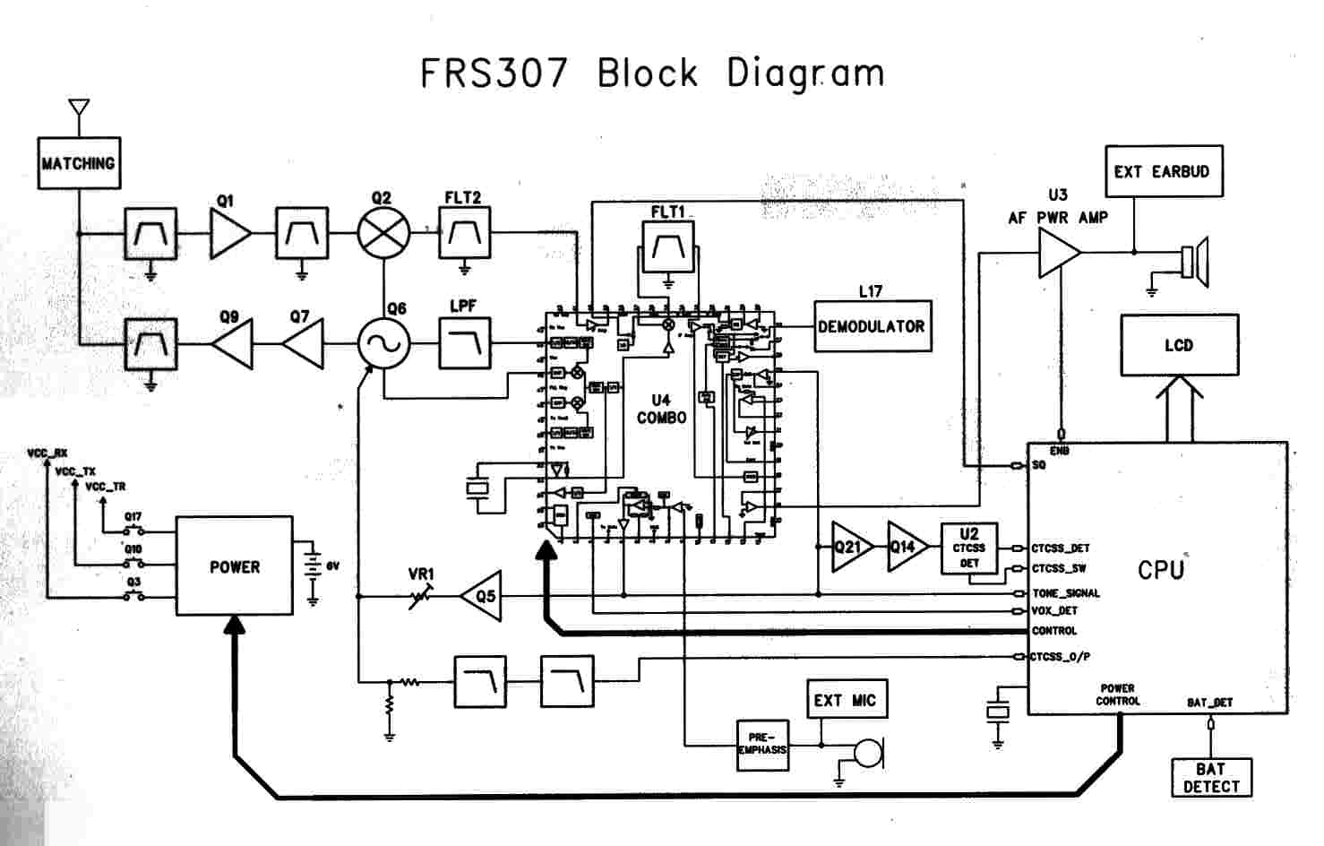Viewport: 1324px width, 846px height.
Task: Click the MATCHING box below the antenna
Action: coord(79,163)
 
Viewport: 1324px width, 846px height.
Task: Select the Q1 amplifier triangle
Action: coord(229,234)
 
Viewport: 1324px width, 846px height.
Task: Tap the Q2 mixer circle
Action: coord(383,234)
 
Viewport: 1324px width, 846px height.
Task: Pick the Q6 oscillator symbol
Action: coord(383,343)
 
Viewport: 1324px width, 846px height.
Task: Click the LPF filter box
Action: coord(464,343)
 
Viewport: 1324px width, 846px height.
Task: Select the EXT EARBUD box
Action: coord(1163,171)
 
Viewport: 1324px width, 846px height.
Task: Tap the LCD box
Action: coord(1179,345)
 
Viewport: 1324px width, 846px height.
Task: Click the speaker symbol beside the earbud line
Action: coord(1195,258)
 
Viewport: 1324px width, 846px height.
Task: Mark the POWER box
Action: coord(234,565)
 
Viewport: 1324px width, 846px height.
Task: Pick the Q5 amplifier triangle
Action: coord(483,595)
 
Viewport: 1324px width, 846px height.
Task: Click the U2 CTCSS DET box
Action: coord(969,548)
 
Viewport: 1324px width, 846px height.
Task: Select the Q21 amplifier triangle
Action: coord(849,546)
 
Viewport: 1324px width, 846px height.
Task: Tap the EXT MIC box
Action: coord(845,700)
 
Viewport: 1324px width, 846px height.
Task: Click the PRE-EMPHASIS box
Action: coord(762,745)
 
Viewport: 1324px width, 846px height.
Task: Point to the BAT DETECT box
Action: coord(1210,778)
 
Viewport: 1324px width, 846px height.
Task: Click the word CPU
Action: coord(1161,570)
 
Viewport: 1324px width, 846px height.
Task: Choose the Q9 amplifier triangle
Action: coord(233,343)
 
